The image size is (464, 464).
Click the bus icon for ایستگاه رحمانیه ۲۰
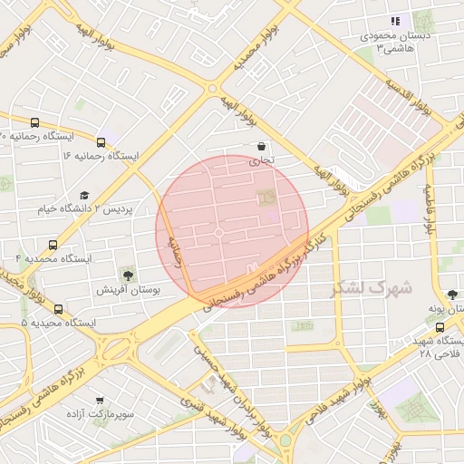35,123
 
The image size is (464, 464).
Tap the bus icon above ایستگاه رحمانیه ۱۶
100,142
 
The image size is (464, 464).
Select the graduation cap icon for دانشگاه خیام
84,196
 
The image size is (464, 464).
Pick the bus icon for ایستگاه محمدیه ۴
53,245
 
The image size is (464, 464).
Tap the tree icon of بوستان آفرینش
127,274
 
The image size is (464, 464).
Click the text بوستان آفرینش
127,290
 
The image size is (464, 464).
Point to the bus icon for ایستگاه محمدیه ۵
59,309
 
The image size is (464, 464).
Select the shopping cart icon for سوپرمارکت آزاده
99,399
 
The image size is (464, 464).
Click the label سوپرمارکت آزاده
99,413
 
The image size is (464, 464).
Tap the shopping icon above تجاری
262,146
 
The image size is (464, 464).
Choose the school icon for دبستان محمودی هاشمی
394,21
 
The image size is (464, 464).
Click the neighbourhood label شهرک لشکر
371,288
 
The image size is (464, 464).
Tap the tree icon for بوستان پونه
452,294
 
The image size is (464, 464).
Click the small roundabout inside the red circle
218,233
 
